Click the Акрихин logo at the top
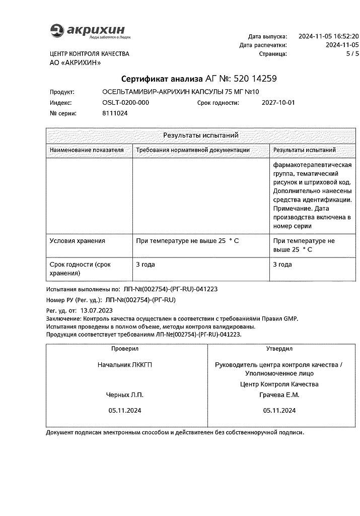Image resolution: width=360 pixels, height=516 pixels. [x=88, y=31]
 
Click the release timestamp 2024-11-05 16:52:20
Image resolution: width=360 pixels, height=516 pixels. [x=328, y=36]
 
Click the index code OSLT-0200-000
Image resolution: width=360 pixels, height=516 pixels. [x=125, y=102]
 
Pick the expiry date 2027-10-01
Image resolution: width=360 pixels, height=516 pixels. [x=278, y=102]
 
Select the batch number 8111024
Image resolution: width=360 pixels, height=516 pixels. [x=115, y=113]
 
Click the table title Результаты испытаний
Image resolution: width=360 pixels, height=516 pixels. [x=200, y=135]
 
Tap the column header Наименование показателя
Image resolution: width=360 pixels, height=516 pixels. [x=86, y=150]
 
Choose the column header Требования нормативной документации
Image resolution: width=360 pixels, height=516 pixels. [x=193, y=150]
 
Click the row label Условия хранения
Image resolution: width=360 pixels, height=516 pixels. [x=78, y=241]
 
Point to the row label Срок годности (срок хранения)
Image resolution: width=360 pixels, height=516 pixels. [x=80, y=269]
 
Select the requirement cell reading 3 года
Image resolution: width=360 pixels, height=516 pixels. [x=146, y=264]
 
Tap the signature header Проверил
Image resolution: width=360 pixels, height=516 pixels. [x=125, y=349]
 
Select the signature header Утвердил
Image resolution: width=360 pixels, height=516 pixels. [x=279, y=349]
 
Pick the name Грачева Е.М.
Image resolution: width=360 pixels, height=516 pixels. [x=278, y=395]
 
